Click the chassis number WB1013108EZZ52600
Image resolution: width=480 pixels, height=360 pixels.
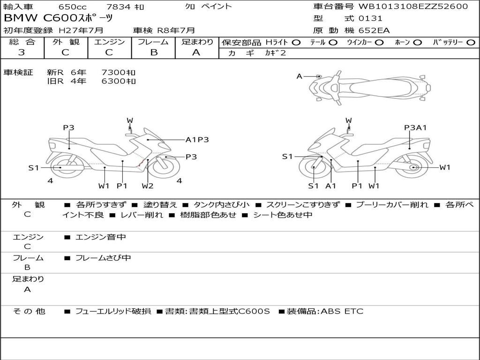413,7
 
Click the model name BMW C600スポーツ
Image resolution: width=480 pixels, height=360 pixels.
58,18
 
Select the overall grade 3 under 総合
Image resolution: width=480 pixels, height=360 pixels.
22,52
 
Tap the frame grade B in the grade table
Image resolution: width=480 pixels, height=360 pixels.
154,52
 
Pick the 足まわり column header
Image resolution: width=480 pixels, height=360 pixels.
197,42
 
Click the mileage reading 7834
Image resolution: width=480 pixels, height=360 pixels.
118,7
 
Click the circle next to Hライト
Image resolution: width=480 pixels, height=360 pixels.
296,43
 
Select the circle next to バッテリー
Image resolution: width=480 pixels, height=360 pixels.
471,43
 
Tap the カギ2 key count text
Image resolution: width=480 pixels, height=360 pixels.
276,53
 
